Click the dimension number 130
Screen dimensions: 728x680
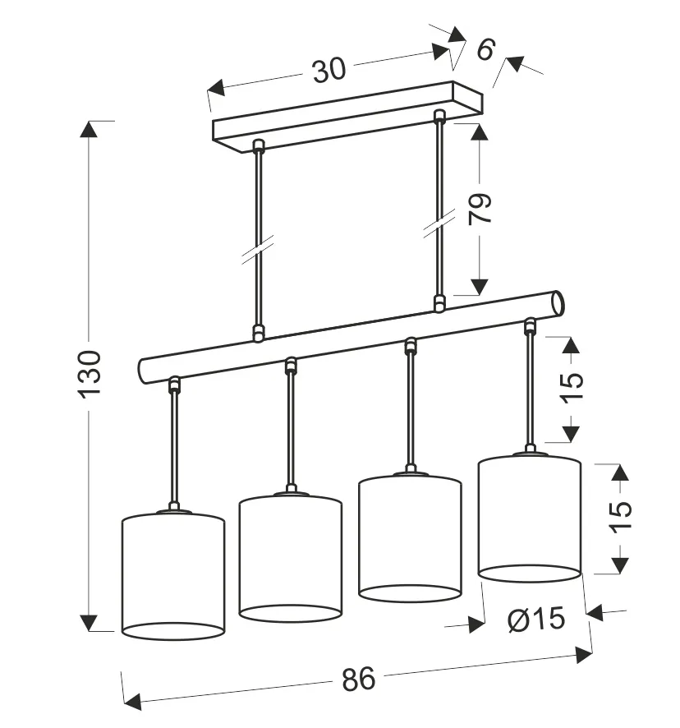tap(90, 374)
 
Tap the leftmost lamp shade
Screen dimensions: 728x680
tap(173, 574)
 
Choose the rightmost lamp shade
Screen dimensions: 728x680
tap(530, 518)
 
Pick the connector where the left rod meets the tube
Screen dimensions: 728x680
tap(259, 332)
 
